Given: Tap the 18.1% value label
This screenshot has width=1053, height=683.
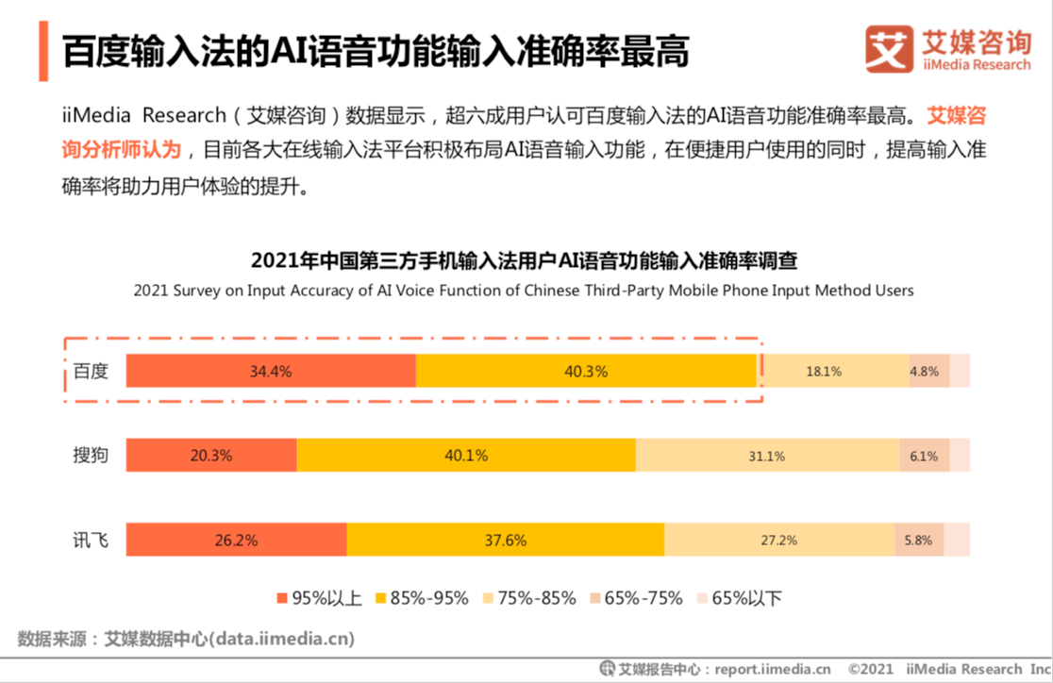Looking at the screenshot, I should [x=823, y=372].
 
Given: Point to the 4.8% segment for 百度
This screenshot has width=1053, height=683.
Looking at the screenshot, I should [x=924, y=372].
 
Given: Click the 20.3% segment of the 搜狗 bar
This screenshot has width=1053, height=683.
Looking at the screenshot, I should [x=211, y=456].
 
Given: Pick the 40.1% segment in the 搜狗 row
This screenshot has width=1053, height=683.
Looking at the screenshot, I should [x=466, y=456].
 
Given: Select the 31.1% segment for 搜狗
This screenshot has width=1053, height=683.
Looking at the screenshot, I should [x=766, y=456].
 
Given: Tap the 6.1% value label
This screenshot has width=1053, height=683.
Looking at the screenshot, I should [x=923, y=456].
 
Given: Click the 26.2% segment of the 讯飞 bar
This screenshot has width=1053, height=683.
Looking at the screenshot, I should [x=236, y=541].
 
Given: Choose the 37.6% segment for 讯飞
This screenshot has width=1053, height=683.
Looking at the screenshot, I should [x=505, y=541].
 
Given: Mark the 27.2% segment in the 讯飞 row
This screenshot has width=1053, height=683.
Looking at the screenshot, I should [x=778, y=541].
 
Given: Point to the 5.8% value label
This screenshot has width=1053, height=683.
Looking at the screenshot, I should [x=917, y=541].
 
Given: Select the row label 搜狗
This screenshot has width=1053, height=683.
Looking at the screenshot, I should [x=92, y=456].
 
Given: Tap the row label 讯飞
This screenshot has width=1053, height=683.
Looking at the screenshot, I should [x=92, y=541].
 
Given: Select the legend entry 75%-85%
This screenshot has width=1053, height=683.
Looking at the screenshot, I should [x=527, y=598].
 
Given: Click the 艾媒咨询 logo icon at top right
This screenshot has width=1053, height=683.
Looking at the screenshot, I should [x=889, y=49].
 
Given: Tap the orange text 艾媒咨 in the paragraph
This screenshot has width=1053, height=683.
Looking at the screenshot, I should [x=956, y=117].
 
